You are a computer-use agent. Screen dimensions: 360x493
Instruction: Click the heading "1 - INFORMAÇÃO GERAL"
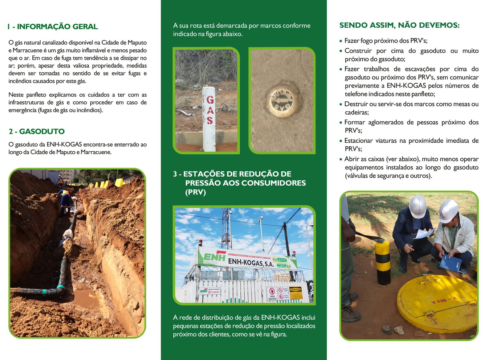pos(53,27)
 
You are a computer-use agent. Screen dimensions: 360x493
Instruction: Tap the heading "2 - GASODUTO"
pos(37,131)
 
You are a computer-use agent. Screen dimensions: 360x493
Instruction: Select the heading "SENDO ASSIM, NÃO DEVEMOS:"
pos(399,25)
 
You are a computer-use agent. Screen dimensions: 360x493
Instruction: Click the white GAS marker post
pos(209,119)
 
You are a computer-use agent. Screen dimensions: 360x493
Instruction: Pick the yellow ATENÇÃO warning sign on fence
pos(295,293)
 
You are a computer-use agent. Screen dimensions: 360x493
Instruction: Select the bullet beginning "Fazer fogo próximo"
pos(385,41)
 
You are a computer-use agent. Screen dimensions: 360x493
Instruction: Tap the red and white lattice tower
pos(226,228)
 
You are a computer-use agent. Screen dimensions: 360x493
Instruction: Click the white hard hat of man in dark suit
pos(418,206)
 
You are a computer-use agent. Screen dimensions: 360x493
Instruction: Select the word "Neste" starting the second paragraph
pos(16,95)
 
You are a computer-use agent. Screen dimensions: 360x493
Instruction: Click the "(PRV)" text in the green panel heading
pos(195,192)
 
